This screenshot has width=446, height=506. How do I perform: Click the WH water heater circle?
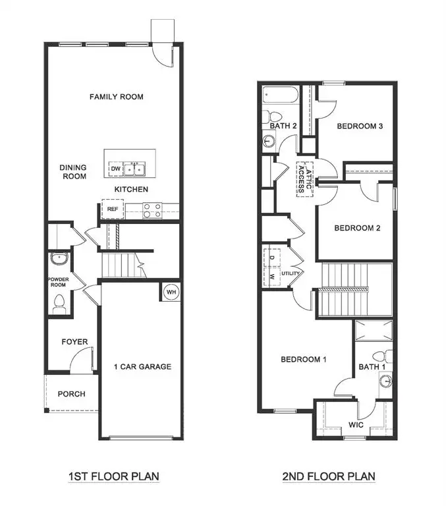171,292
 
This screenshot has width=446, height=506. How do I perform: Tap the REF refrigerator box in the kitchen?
112,210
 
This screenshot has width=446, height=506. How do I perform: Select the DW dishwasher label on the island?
115,169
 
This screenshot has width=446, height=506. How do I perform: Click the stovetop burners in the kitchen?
152,210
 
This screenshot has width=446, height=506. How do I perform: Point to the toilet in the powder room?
59,304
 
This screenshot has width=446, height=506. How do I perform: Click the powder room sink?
59,259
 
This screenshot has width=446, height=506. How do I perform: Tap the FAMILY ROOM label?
117,97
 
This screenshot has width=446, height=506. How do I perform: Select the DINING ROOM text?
74,172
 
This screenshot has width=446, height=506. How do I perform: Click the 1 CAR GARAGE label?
142,367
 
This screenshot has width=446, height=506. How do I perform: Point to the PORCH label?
71,394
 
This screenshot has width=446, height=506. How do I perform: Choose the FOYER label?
74,342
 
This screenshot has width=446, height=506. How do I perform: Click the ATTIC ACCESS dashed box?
304,178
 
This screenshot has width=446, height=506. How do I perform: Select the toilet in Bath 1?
386,356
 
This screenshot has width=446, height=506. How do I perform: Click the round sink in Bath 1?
385,381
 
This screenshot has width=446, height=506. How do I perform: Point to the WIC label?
356,425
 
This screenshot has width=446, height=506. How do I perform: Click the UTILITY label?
291,273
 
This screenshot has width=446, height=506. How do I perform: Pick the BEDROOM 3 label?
360,126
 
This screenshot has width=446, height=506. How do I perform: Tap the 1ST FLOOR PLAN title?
114,476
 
